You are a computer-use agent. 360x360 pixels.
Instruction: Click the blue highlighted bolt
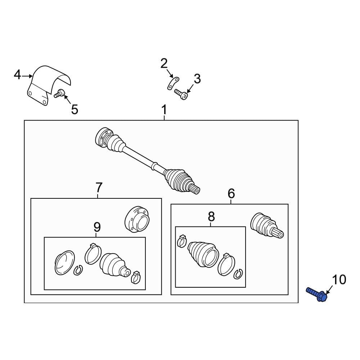pos(317,294)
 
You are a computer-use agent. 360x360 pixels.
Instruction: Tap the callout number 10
pos(339,280)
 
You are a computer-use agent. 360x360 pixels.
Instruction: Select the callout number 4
pos(17,75)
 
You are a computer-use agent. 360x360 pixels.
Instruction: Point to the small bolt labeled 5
pos(59,93)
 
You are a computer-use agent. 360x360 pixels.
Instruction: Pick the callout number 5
pos(75,109)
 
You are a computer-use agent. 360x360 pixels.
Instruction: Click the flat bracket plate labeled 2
pos(173,84)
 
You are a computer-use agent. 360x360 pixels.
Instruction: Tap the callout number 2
pos(164,64)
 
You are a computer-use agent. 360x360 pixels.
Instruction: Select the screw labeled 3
pos(181,94)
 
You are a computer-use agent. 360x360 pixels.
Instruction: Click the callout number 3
pos(197,78)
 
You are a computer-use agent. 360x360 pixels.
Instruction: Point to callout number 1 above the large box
pos(164,110)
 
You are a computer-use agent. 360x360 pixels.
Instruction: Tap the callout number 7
pos(99,188)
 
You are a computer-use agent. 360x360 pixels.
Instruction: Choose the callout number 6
pos(231,193)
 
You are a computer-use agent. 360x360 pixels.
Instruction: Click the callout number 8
pos(211,216)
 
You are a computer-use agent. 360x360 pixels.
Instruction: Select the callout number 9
pos(97,227)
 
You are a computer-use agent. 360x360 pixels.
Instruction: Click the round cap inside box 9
pos(65,263)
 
